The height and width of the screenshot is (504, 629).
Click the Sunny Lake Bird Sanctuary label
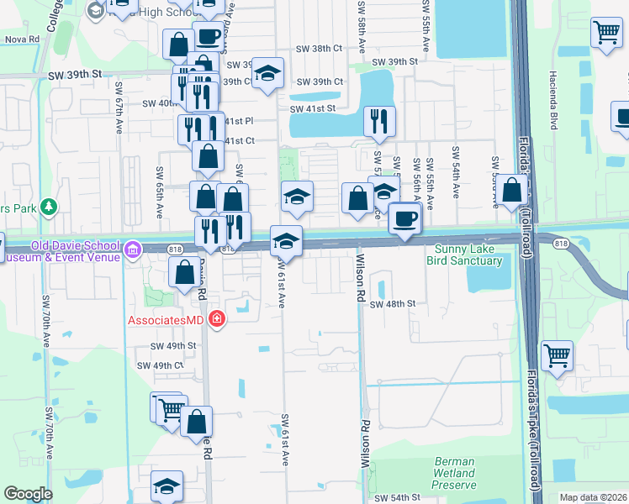point(468,255)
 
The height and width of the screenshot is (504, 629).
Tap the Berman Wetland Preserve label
point(455,473)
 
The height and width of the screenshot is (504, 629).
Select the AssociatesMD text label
point(166,320)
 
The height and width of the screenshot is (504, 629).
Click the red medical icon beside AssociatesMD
point(216,319)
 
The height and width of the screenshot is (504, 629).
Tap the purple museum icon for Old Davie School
point(132,249)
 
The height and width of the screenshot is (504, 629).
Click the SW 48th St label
point(393,303)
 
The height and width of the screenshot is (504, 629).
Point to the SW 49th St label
point(172,345)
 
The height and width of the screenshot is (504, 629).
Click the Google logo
point(28,494)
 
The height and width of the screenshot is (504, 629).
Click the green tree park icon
point(49,205)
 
